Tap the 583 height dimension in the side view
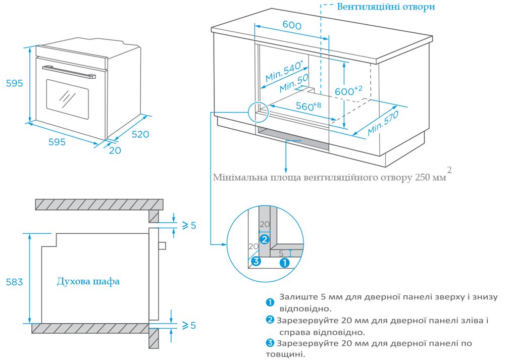click(x=14, y=282)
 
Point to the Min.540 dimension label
click(x=284, y=71)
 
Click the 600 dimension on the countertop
click(x=291, y=25)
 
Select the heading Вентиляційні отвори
click(x=386, y=7)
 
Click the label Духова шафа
click(x=88, y=281)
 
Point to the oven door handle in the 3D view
click(x=69, y=72)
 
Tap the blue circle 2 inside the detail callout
click(x=264, y=238)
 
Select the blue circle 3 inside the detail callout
click(x=256, y=261)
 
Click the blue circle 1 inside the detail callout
click(x=284, y=262)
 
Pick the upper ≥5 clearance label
click(x=188, y=225)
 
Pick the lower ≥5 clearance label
click(x=188, y=325)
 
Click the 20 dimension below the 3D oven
click(x=115, y=150)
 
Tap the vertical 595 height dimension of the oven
click(x=14, y=83)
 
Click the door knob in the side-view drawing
click(x=162, y=245)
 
